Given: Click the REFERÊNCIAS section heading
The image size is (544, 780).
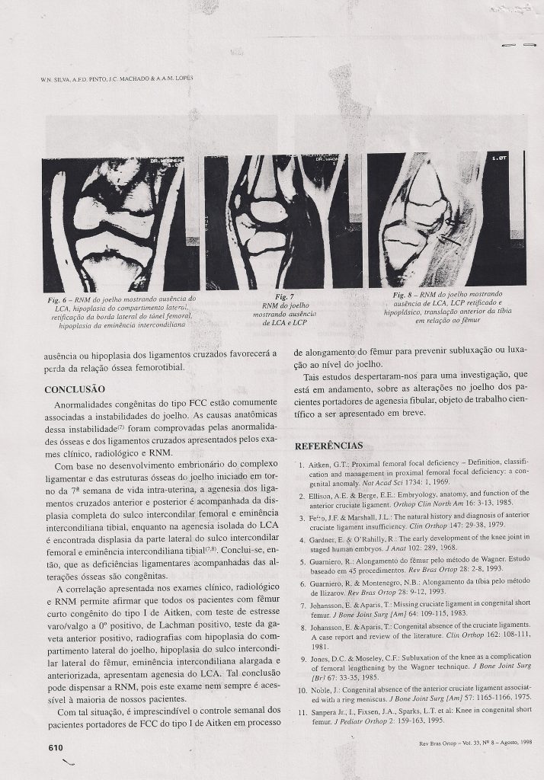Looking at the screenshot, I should [328, 446].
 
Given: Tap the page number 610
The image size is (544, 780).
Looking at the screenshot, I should [55, 748].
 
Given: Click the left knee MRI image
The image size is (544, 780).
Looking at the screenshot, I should [120, 222].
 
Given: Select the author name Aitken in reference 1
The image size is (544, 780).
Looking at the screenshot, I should [321, 464].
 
